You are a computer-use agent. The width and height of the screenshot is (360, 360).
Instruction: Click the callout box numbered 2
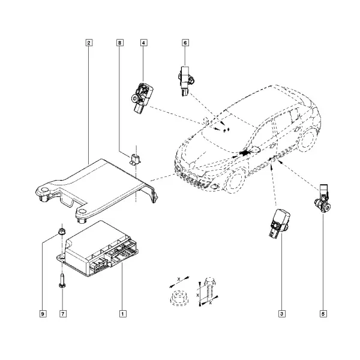click(89, 43)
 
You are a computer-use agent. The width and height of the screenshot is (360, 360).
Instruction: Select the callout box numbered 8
click(119, 43)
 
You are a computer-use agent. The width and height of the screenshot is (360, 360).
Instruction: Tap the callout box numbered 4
click(143, 43)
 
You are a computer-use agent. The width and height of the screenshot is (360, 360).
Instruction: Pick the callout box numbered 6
click(185, 43)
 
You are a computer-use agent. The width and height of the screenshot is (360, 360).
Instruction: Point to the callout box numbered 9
click(43, 314)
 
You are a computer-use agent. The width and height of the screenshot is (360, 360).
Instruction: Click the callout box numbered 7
click(63, 314)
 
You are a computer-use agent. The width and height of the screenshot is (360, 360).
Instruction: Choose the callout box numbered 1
click(123, 314)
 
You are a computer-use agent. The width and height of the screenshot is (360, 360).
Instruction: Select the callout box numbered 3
click(282, 314)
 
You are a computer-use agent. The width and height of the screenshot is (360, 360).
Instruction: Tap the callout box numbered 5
click(323, 314)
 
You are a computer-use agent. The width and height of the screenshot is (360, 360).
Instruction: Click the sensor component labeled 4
click(141, 97)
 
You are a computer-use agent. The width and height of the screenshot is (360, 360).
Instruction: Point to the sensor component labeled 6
click(185, 81)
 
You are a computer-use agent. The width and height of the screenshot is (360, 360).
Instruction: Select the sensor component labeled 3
click(278, 223)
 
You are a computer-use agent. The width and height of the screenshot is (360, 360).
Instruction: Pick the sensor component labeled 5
click(323, 198)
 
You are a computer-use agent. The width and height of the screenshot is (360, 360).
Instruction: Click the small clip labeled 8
click(135, 160)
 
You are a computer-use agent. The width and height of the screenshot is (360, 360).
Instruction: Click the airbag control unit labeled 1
click(98, 249)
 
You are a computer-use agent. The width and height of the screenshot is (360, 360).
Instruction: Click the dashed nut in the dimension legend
click(179, 298)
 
